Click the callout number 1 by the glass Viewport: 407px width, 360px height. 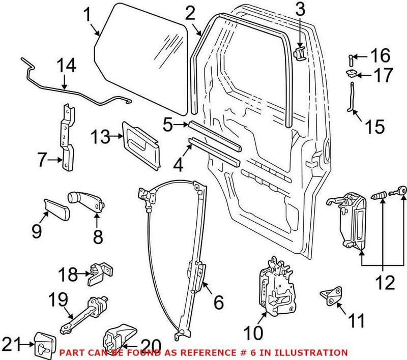88,16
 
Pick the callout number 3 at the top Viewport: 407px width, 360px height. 301,10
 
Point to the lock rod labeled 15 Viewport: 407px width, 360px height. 351,99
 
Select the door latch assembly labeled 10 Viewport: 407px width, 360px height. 275,284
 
